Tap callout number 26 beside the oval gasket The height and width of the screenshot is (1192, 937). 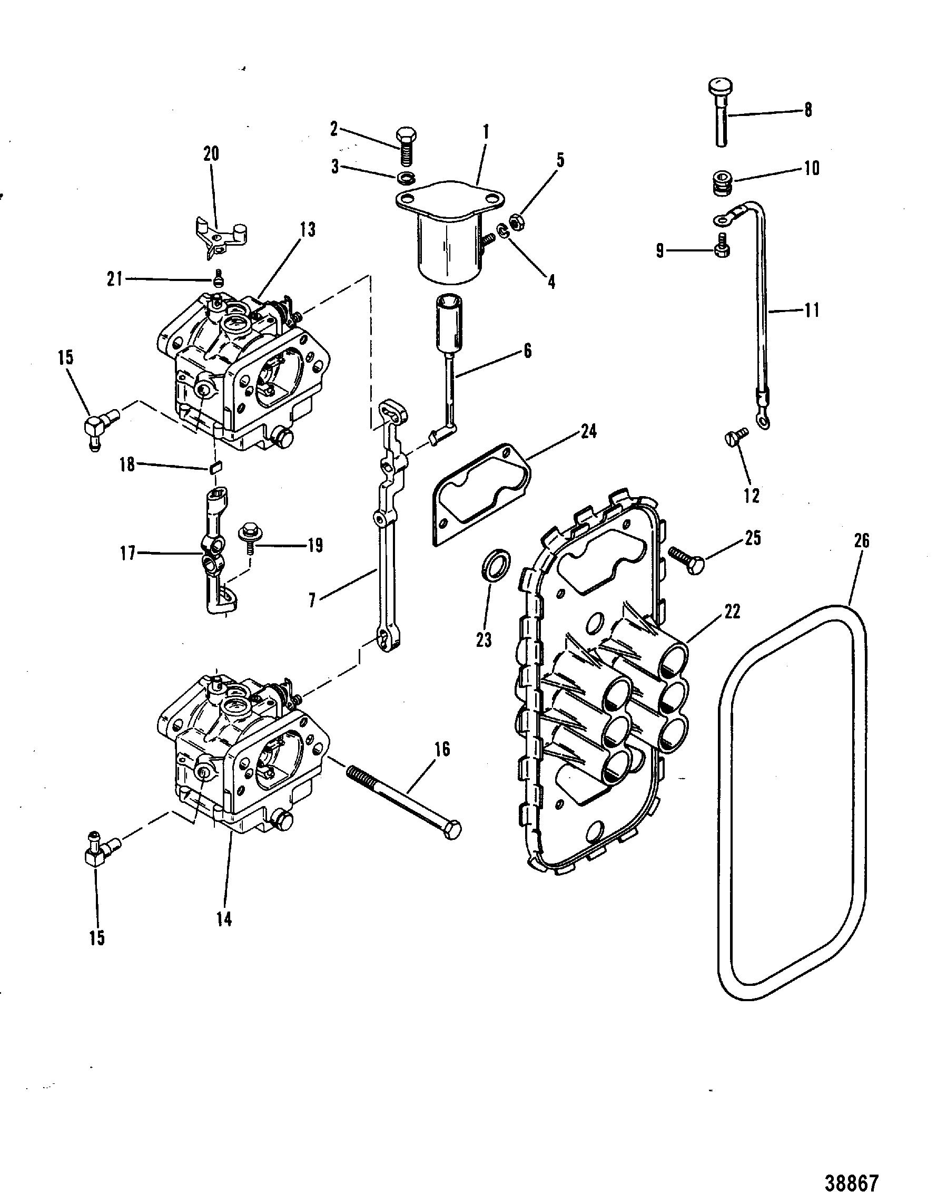point(862,541)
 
